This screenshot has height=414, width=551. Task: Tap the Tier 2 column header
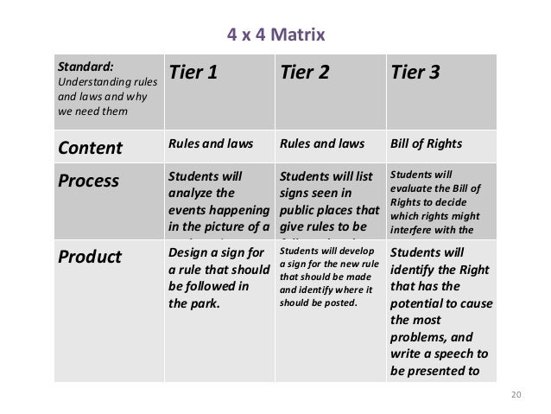click(x=304, y=73)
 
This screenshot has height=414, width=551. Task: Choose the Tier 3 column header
click(x=415, y=73)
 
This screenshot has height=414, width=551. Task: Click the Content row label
click(x=90, y=147)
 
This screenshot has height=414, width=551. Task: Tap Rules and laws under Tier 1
click(x=205, y=144)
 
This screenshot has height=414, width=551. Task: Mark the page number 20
click(x=516, y=395)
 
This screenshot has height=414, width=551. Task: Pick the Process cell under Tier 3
click(x=440, y=202)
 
